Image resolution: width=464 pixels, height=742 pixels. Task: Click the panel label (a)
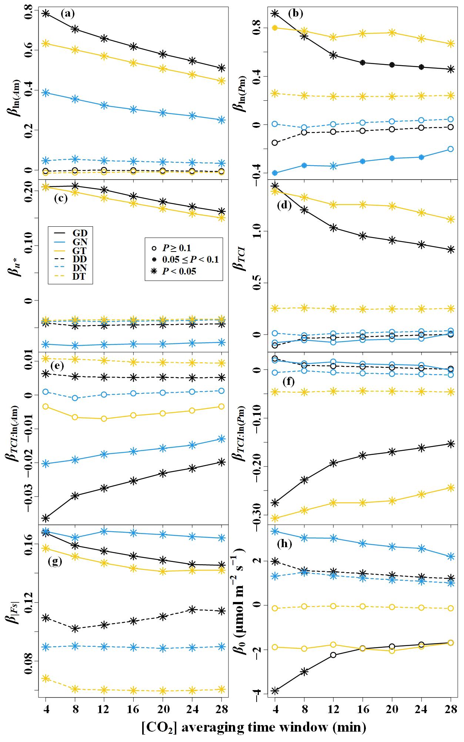pyautogui.click(x=67, y=14)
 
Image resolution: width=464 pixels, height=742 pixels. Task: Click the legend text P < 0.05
pyautogui.click(x=179, y=272)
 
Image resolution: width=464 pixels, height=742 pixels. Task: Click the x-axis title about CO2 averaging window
pyautogui.click(x=254, y=727)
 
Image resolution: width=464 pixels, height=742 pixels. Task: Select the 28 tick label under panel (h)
pyautogui.click(x=451, y=709)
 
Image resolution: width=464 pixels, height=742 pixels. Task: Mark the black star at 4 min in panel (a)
pyautogui.click(x=46, y=13)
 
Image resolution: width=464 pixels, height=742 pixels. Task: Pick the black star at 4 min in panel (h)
pyautogui.click(x=275, y=691)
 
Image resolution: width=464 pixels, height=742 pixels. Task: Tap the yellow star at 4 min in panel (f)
pyautogui.click(x=275, y=518)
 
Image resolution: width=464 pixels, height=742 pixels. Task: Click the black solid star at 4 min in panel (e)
pyautogui.click(x=46, y=518)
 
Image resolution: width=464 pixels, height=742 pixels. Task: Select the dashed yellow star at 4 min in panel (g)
pyautogui.click(x=46, y=678)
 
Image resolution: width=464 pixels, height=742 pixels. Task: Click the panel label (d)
pyautogui.click(x=285, y=206)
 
